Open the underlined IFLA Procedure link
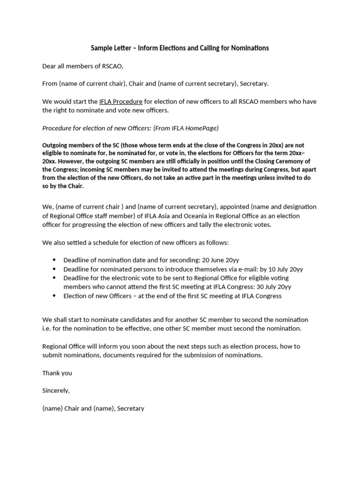point(120,101)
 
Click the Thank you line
point(57,373)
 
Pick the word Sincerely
point(56,390)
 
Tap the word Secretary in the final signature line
point(130,408)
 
